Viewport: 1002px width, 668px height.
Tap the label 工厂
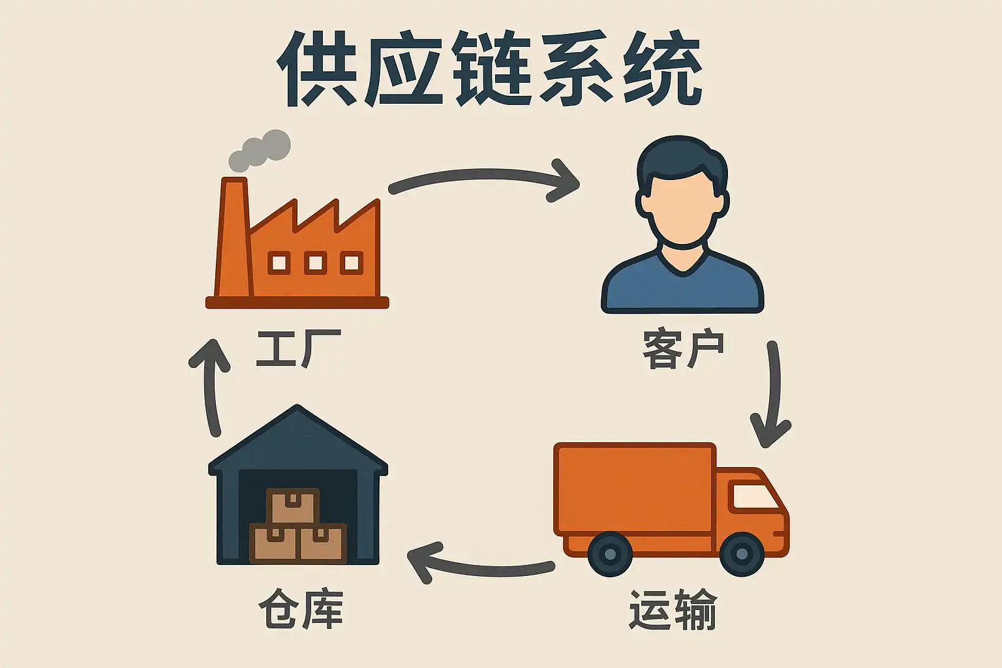(297, 349)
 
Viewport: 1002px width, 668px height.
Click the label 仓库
(301, 610)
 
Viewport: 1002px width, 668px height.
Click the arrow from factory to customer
(483, 177)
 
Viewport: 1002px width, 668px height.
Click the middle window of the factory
(315, 263)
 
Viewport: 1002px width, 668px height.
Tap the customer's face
(682, 209)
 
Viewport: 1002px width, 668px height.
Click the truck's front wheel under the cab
(742, 554)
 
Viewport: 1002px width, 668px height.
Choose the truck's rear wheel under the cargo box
(610, 554)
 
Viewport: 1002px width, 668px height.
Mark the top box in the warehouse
(293, 506)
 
